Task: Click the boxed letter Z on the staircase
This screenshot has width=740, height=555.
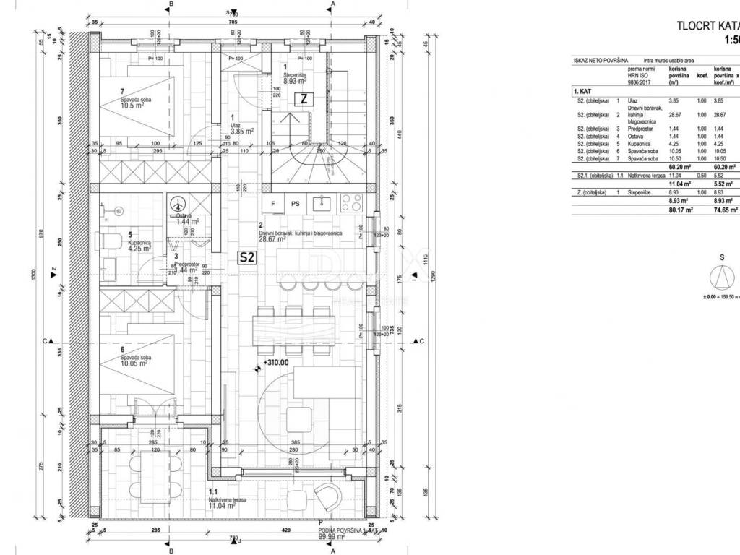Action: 304,100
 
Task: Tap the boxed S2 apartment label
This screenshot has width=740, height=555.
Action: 248,256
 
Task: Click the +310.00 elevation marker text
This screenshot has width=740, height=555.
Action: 275,363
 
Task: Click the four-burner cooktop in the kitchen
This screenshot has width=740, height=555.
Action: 351,204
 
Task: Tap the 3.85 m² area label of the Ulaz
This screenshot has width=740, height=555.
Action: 242,132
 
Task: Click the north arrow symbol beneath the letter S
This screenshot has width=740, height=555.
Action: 722,277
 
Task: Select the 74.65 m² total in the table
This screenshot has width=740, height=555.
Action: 726,210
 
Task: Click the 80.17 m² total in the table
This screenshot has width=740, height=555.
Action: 678,210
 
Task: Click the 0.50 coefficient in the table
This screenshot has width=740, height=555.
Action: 701,175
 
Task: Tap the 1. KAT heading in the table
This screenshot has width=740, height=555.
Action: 582,92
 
